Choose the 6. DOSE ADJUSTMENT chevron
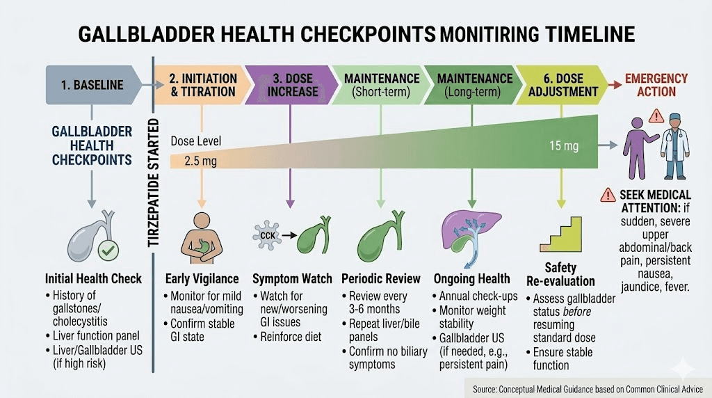pos(562,85)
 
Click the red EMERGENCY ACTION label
pos(656,85)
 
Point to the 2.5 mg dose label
pos(200,161)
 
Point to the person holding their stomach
pos(202,237)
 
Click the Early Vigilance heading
pos(202,278)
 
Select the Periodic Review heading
pos(381,278)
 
